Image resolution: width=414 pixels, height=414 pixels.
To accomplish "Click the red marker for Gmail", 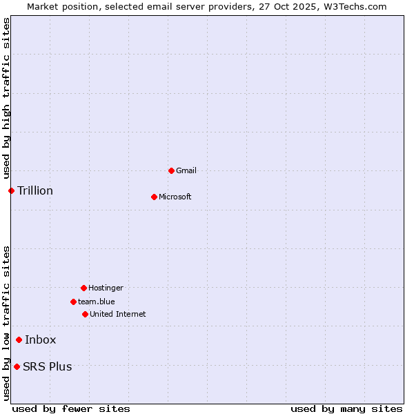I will click(171, 170).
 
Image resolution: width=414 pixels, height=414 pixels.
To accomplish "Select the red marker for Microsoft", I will click(154, 197).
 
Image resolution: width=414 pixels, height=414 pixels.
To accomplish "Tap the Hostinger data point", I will click(83, 288).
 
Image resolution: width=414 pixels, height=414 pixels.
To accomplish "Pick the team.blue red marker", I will click(73, 302).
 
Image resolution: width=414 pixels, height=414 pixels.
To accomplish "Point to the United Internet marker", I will click(85, 314).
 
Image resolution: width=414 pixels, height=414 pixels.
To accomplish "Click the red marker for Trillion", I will click(11, 190).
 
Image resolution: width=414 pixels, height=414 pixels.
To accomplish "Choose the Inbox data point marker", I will click(19, 339).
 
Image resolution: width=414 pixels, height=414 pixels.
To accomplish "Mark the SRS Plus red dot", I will click(17, 366).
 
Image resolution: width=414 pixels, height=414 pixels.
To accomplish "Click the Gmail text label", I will click(186, 170).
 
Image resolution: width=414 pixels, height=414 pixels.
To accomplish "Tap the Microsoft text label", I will click(175, 197).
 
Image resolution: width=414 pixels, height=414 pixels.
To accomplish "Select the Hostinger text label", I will click(106, 288).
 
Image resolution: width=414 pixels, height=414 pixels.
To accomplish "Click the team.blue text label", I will click(97, 302).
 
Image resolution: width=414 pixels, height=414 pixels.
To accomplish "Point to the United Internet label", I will click(118, 314).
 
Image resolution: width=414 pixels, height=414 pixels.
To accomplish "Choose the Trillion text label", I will click(35, 190).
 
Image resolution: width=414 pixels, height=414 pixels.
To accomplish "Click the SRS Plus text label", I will click(48, 366).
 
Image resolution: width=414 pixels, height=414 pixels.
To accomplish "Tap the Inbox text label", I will click(41, 339).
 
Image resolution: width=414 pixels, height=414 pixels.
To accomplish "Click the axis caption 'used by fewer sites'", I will click(71, 408).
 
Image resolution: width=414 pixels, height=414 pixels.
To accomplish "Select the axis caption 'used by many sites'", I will click(346, 408).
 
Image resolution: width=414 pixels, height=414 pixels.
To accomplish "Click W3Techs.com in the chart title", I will click(355, 6).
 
